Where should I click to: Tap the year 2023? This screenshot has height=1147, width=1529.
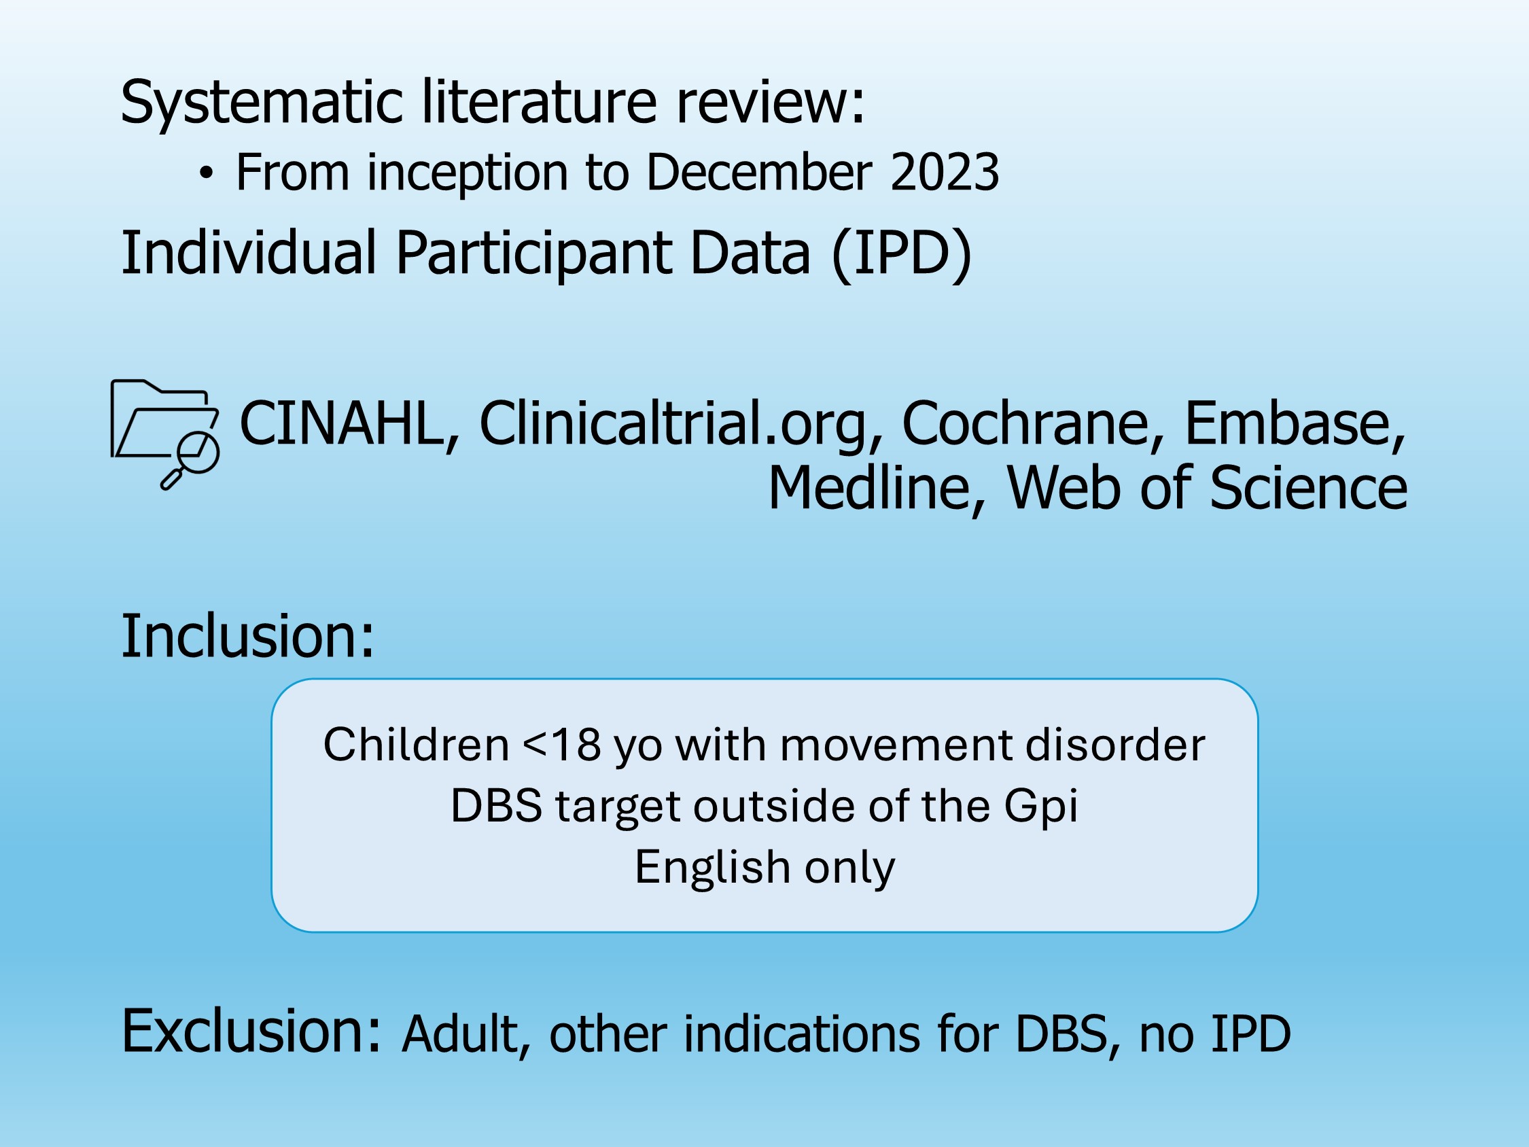[944, 171]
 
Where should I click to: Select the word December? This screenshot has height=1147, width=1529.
[758, 171]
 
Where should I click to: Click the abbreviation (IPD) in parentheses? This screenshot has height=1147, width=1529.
[902, 253]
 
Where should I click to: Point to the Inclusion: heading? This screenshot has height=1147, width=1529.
[247, 635]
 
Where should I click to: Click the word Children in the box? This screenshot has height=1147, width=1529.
[416, 745]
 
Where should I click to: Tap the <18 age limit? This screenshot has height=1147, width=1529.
[562, 745]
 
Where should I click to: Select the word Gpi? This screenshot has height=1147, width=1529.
[1041, 807]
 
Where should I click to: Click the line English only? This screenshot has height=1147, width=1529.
[764, 868]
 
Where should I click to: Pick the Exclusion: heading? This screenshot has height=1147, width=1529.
[251, 1031]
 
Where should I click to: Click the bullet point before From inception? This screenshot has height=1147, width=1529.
[206, 173]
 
